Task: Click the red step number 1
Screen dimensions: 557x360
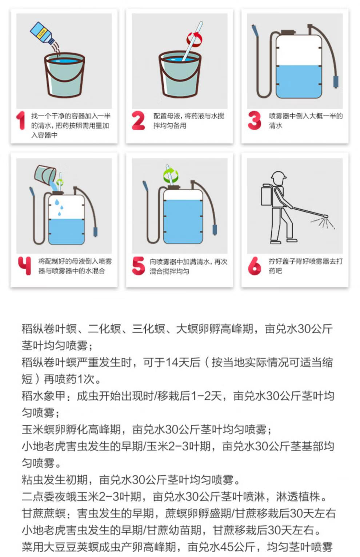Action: pos(21,120)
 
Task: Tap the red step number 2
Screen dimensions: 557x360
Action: pos(138,120)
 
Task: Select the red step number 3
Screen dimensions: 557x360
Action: pos(254,120)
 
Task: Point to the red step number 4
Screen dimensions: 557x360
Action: pos(24,266)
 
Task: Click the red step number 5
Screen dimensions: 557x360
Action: pos(138,266)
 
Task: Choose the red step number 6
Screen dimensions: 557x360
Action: pos(254,266)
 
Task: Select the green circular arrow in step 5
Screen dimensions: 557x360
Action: pos(171,175)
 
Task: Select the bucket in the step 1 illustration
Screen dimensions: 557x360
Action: pos(64,75)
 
